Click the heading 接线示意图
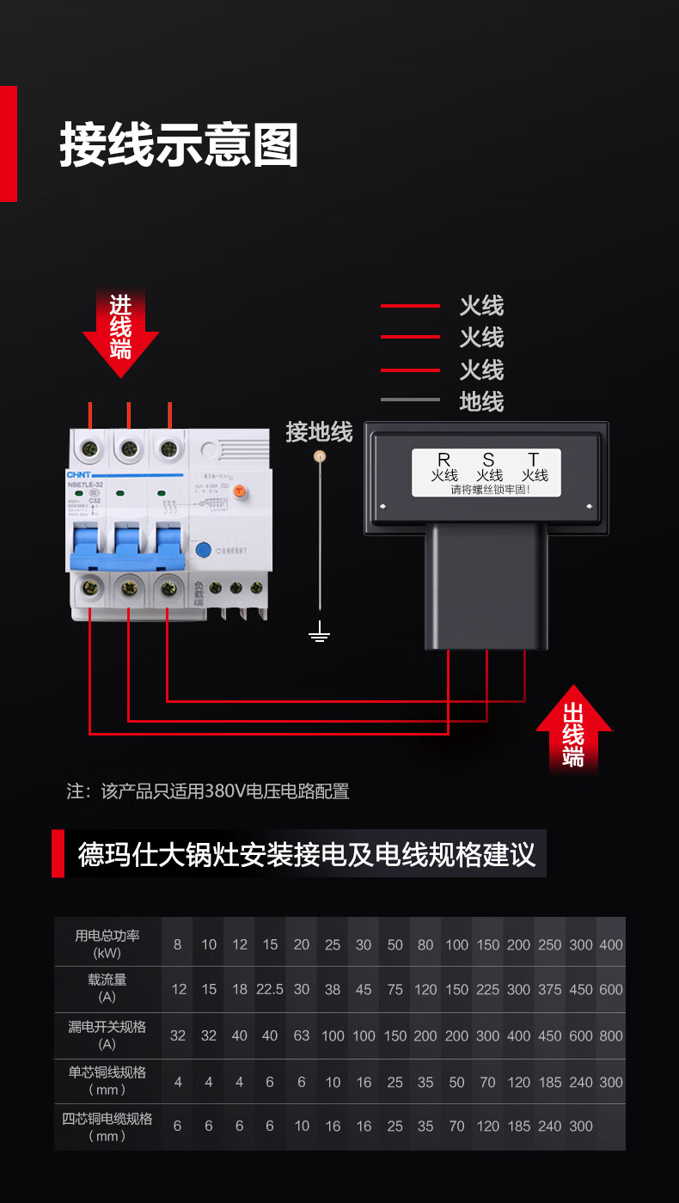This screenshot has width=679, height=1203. [x=179, y=144]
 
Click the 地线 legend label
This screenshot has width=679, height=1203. [x=481, y=401]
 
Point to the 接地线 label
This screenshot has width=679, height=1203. [x=319, y=431]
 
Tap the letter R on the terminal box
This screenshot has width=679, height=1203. [x=443, y=461]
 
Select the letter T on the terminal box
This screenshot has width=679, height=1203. [x=534, y=461]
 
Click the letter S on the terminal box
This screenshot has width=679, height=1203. [x=488, y=461]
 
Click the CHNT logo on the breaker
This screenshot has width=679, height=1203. [x=79, y=473]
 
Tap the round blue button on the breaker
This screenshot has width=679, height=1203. [x=204, y=551]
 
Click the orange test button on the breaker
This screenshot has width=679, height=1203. [x=241, y=491]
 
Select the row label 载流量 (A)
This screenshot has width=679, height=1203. [x=107, y=988]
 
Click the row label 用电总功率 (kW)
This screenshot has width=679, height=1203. [x=107, y=943]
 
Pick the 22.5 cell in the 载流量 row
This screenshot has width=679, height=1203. [x=270, y=990]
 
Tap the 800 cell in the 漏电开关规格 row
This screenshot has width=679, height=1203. [x=611, y=1035]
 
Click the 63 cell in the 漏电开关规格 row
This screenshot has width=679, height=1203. [x=301, y=1035]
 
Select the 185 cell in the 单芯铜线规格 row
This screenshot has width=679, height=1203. [x=549, y=1082]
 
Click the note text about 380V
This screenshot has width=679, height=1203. [x=208, y=791]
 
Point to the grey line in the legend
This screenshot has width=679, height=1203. [x=410, y=400]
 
